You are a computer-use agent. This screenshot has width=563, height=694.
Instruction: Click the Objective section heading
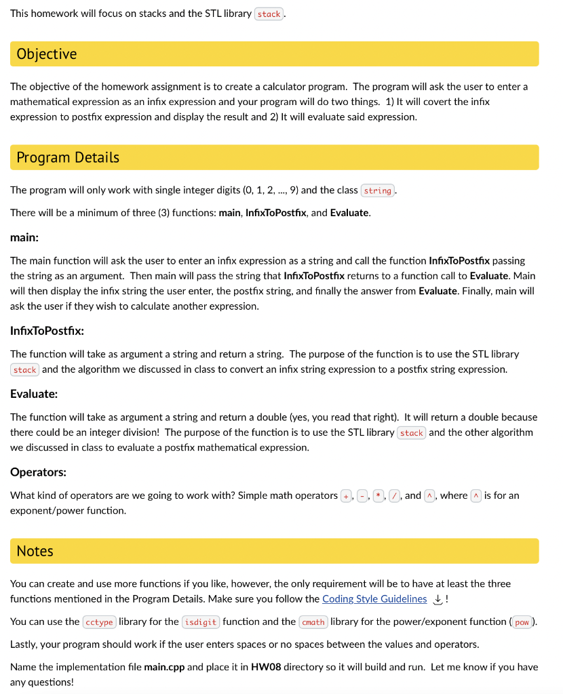click(47, 54)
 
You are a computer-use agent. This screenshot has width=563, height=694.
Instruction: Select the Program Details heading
click(68, 158)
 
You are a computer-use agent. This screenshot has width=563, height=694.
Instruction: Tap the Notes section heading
click(35, 551)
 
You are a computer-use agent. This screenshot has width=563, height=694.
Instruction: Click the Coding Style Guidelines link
click(374, 599)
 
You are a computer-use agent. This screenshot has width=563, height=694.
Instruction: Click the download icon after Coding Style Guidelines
click(438, 599)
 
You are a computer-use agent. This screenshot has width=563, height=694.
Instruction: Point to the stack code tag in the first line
click(269, 14)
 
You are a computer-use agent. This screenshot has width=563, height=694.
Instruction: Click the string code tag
click(377, 191)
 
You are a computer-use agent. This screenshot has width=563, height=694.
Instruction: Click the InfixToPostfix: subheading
click(47, 331)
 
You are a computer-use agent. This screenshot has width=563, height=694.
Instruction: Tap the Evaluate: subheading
click(34, 394)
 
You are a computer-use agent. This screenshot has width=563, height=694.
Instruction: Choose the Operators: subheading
click(38, 472)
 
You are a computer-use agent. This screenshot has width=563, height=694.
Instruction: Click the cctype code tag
click(99, 622)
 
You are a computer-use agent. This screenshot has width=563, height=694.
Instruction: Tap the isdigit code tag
click(201, 622)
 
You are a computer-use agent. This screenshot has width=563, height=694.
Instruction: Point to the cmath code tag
click(313, 622)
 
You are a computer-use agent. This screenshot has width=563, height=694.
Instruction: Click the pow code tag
click(522, 622)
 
